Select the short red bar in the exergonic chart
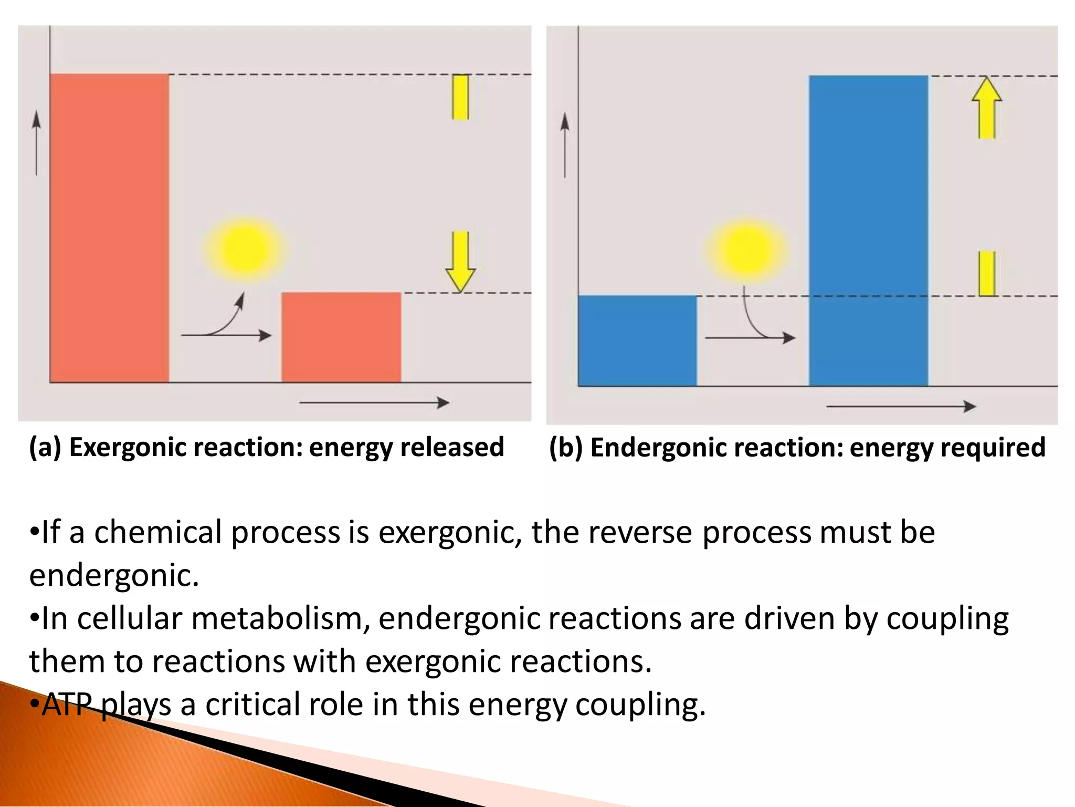[x=341, y=337]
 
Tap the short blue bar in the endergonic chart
[x=637, y=340]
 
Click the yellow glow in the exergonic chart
[x=245, y=249]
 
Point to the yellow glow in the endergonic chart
[x=746, y=251]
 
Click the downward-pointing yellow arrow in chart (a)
[x=460, y=261]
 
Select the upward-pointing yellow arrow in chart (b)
[x=987, y=108]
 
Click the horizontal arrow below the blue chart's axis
[x=901, y=406]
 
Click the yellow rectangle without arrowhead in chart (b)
[x=987, y=273]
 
